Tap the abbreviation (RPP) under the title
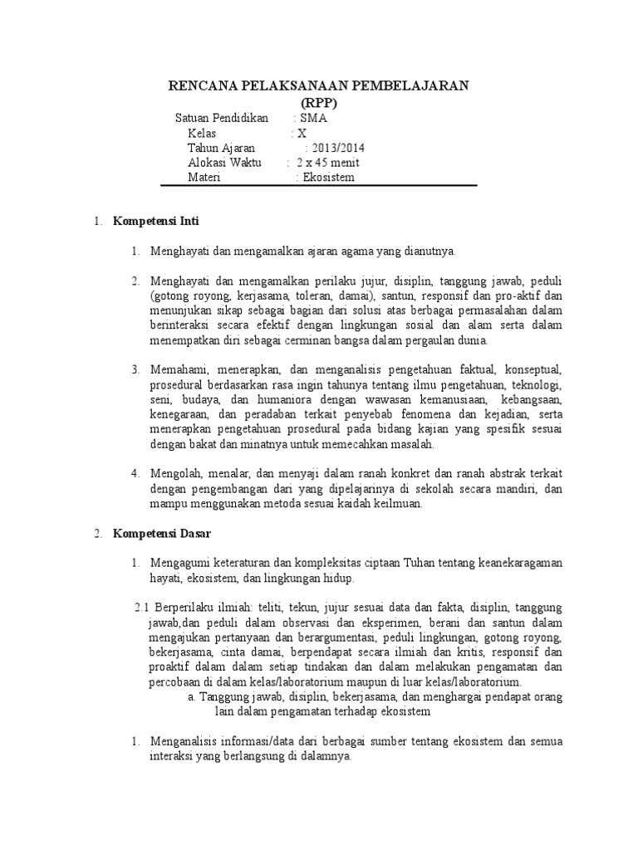319,102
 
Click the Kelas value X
302,133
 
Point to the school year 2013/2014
337,148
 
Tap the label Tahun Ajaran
222,148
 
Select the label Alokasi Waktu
224,163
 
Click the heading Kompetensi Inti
156,222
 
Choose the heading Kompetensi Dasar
162,534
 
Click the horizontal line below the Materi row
330,186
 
